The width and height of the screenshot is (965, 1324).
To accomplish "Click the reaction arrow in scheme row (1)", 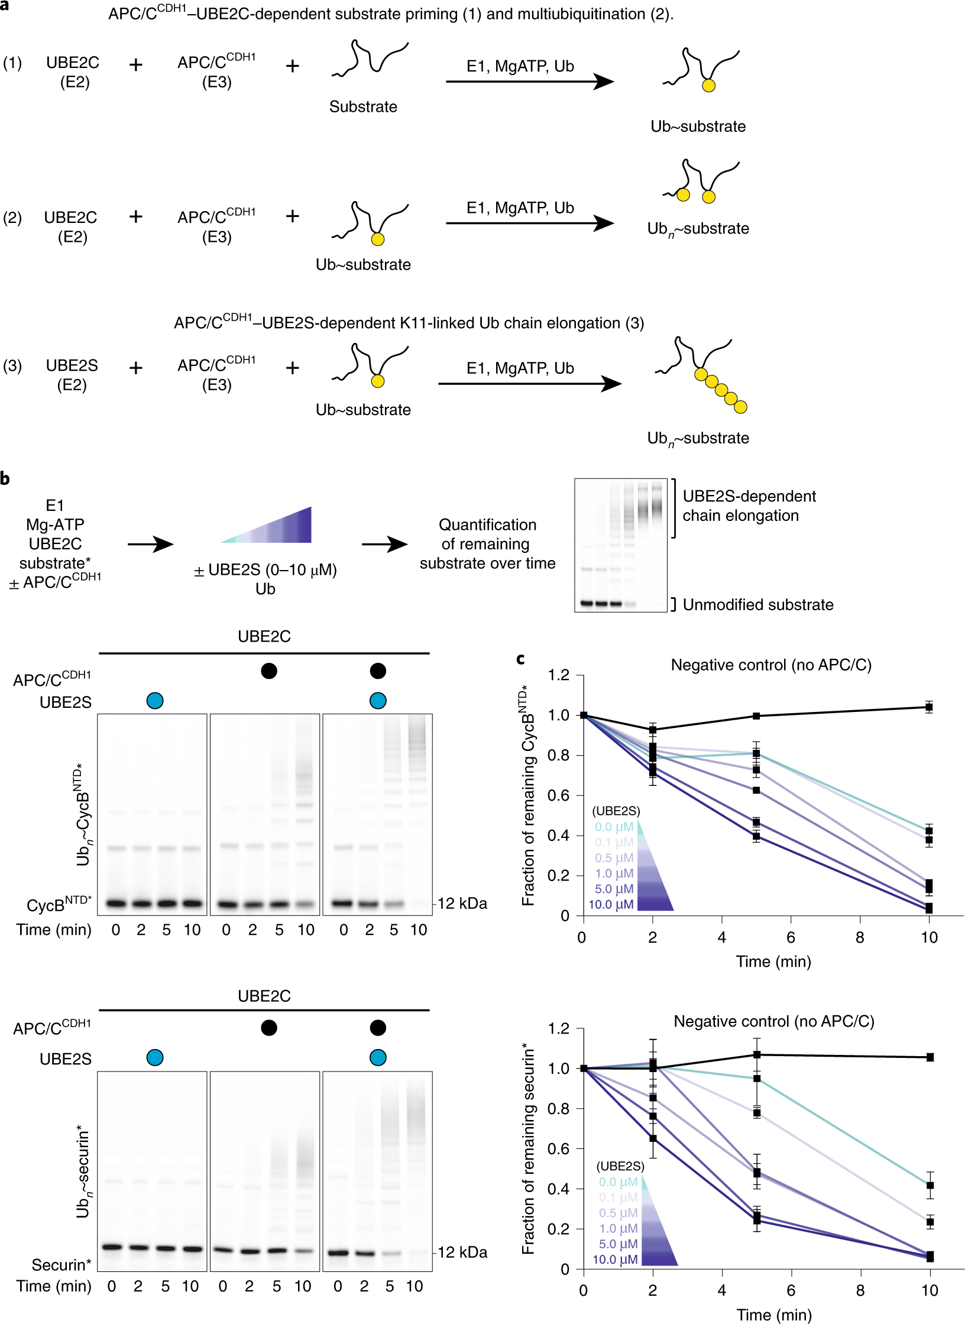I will (529, 82).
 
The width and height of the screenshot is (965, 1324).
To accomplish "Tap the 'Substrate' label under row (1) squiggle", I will (363, 107).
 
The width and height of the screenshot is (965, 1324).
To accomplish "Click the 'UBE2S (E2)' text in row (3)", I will (72, 375).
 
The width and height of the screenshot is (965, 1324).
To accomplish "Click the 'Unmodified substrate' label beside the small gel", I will (757, 604).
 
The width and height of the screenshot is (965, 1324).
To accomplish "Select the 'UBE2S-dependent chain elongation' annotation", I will (749, 506).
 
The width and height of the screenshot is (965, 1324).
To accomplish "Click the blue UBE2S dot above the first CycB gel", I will (155, 701).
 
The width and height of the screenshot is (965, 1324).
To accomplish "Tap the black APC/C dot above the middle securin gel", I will (269, 1028).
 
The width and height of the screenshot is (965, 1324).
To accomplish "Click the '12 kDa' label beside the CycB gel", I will (462, 904).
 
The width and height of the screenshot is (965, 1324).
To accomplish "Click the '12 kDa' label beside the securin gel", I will (462, 1252).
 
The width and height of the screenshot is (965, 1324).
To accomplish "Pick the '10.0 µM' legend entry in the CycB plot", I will (611, 904).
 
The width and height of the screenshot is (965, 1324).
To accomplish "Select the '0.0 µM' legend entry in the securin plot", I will (618, 1181).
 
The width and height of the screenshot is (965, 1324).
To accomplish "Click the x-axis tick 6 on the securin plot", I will (791, 1290).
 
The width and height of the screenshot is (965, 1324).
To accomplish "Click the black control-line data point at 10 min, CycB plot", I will (929, 707).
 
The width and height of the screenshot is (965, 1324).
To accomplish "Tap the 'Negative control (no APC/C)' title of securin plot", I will (773, 1021).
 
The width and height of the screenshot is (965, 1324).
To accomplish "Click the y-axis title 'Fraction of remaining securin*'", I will (529, 1149).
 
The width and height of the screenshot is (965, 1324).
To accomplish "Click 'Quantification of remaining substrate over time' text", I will (487, 544).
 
